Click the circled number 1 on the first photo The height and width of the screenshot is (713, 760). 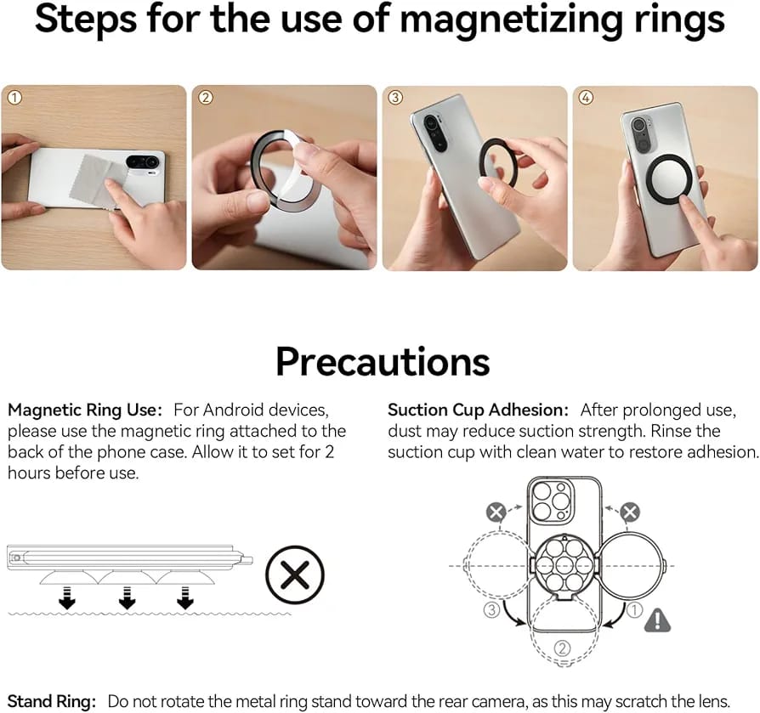pyautogui.click(x=14, y=98)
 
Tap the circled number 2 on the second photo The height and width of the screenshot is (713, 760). pyautogui.click(x=206, y=98)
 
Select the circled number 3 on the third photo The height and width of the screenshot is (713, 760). pyautogui.click(x=395, y=98)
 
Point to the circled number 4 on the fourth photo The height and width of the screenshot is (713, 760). pyautogui.click(x=586, y=98)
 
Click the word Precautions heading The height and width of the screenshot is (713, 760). pyautogui.click(x=383, y=361)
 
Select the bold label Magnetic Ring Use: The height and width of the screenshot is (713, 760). pyautogui.click(x=85, y=410)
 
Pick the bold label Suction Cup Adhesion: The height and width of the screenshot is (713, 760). pyautogui.click(x=478, y=410)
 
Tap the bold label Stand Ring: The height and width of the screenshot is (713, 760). pyautogui.click(x=52, y=701)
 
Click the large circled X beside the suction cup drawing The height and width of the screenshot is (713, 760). pyautogui.click(x=295, y=574)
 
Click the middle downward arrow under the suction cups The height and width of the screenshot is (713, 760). pyautogui.click(x=127, y=598)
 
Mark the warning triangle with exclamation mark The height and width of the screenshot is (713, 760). pyautogui.click(x=657, y=620)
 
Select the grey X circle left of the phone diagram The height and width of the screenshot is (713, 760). pyautogui.click(x=496, y=512)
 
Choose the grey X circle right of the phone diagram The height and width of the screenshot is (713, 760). pyautogui.click(x=630, y=512)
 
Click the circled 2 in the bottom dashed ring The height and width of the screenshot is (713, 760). pyautogui.click(x=562, y=648)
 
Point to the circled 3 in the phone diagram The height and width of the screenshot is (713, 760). pyautogui.click(x=491, y=609)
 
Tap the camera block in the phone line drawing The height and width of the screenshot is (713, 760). pyautogui.click(x=551, y=502)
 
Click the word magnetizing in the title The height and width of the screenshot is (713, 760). pyautogui.click(x=512, y=20)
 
